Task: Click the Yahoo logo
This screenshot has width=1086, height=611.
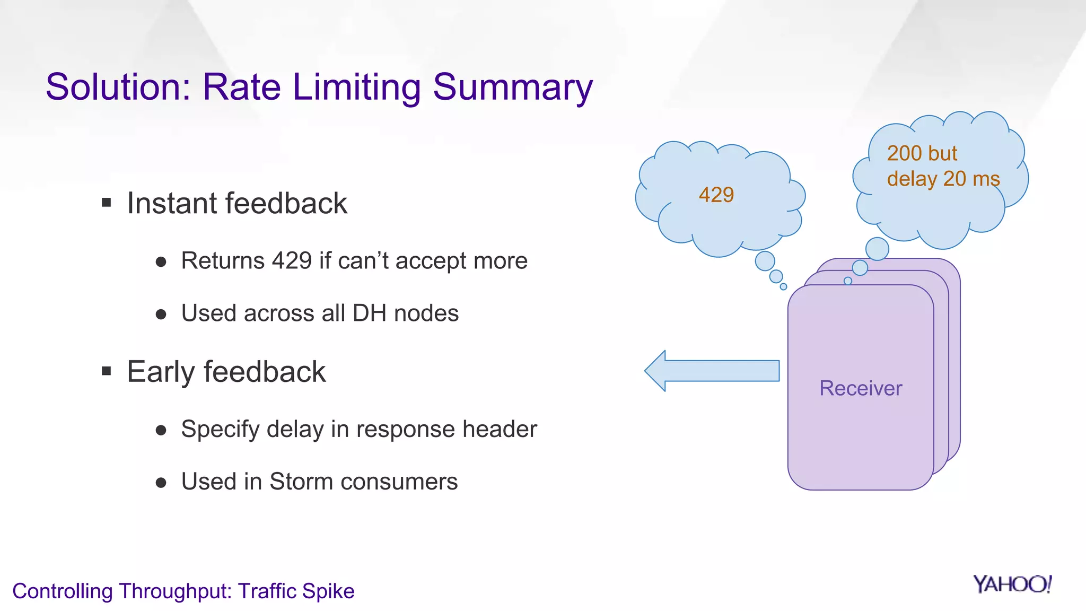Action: pyautogui.click(x=1012, y=584)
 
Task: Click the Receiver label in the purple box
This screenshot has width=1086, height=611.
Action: pyautogui.click(x=860, y=388)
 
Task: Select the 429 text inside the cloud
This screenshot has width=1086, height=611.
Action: pyautogui.click(x=716, y=195)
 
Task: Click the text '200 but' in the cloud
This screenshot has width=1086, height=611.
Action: pyautogui.click(x=922, y=153)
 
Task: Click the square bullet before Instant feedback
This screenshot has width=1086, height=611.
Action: pyautogui.click(x=107, y=203)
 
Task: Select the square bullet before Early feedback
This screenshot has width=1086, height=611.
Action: pyautogui.click(x=107, y=371)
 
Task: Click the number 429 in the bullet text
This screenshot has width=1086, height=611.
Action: pyautogui.click(x=292, y=261)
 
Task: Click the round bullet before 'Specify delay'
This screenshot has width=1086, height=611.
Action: pyautogui.click(x=161, y=430)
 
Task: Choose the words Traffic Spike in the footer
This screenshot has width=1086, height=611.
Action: pyautogui.click(x=296, y=591)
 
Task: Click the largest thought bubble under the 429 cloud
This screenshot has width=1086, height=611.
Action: pyautogui.click(x=765, y=261)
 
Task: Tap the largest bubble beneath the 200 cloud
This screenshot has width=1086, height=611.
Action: pyautogui.click(x=877, y=249)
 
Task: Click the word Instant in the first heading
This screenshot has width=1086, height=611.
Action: pyautogui.click(x=172, y=203)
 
